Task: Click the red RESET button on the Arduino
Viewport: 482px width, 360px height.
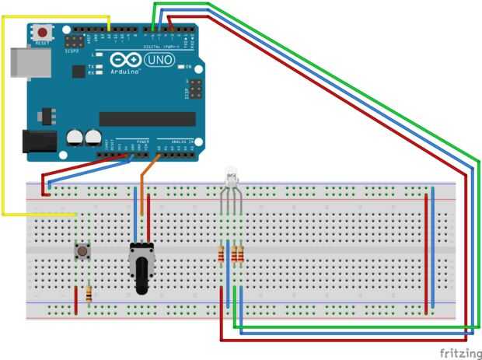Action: click(41, 32)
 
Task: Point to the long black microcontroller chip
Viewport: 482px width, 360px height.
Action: click(147, 118)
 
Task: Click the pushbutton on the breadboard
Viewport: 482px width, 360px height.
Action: click(80, 250)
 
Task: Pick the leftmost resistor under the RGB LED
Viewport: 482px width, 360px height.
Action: click(223, 253)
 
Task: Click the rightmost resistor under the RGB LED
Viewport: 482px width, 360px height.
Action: click(241, 253)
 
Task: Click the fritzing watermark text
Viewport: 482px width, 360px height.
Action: click(458, 352)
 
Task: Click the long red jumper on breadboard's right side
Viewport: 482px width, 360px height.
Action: click(426, 253)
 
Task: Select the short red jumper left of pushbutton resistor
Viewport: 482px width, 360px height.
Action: click(75, 300)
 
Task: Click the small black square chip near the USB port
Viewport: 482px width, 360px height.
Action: click(77, 71)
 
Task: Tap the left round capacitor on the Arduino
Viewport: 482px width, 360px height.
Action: click(75, 137)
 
